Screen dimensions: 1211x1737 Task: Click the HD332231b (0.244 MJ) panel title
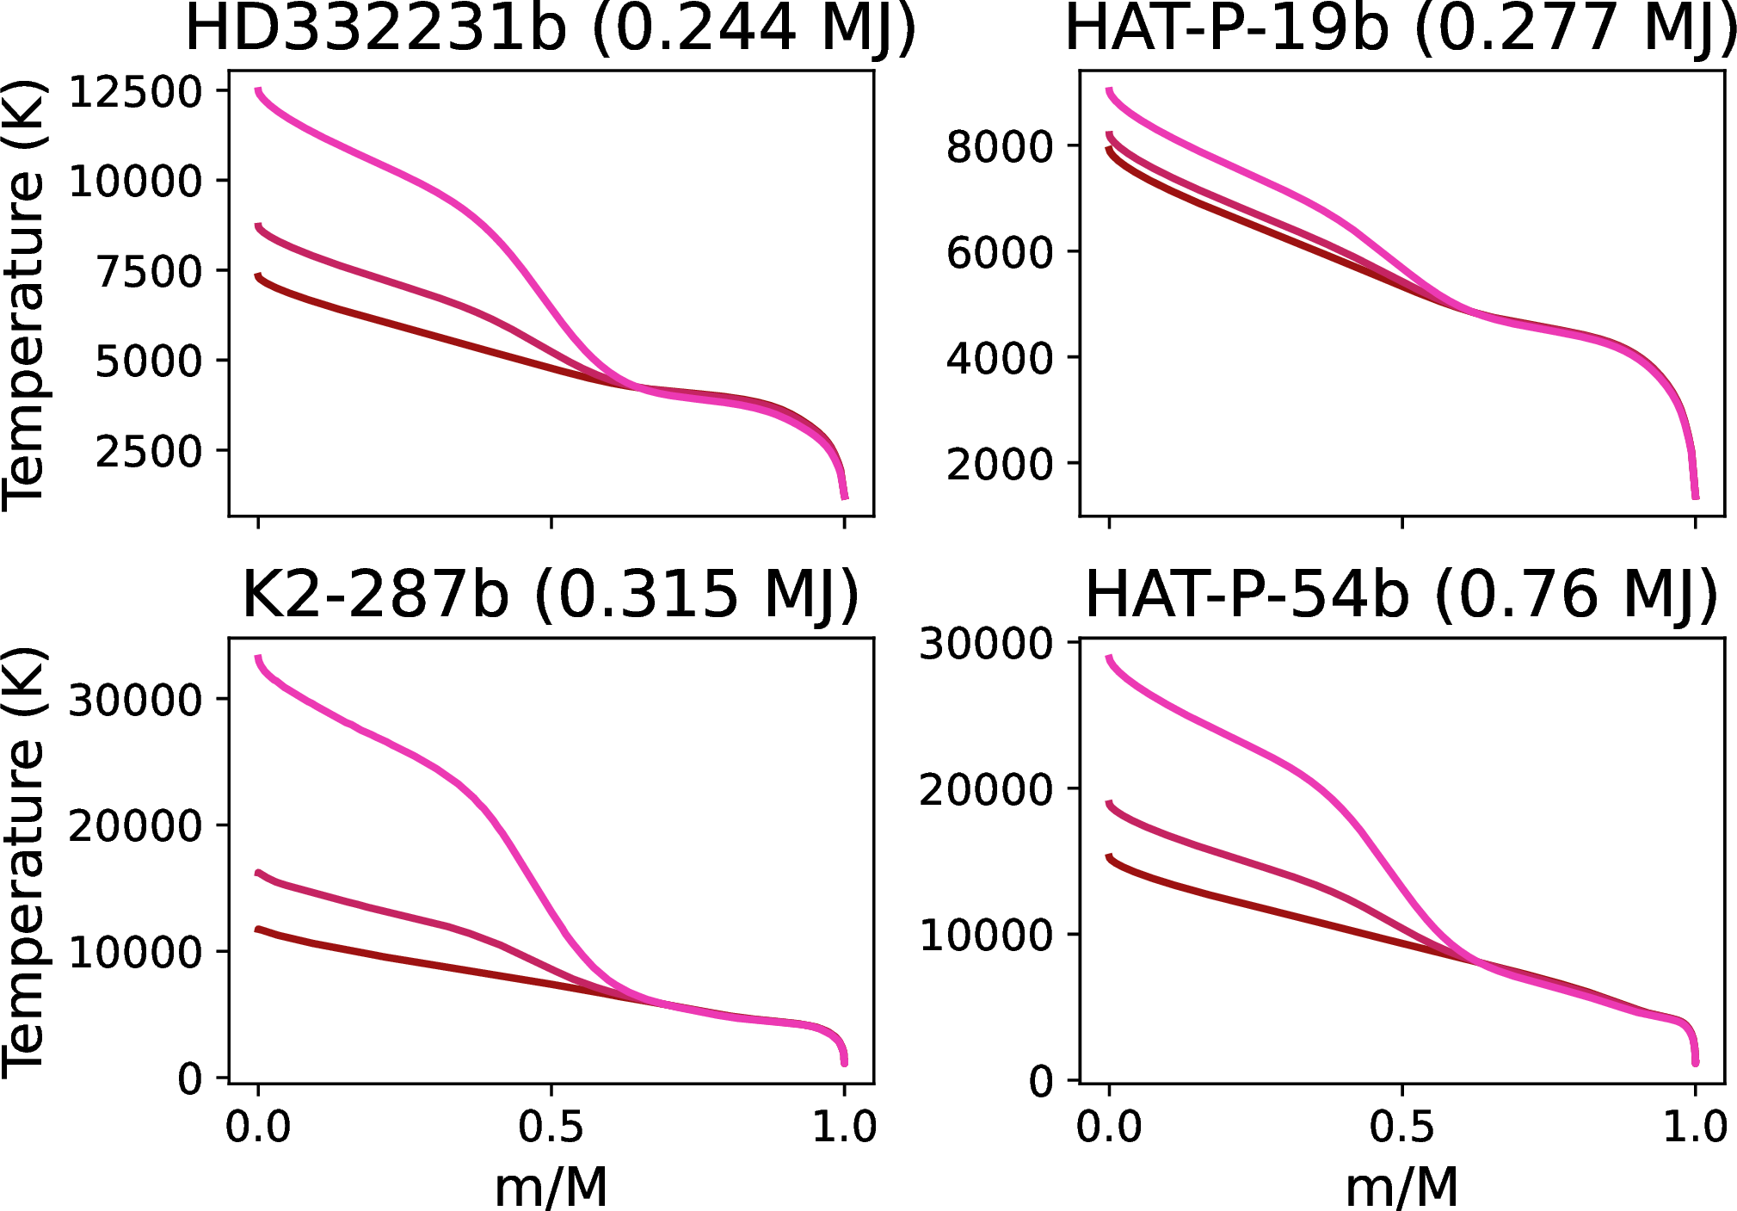[551, 29]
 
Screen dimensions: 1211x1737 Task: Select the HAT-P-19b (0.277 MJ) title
[1401, 29]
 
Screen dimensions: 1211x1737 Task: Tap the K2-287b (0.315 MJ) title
[551, 595]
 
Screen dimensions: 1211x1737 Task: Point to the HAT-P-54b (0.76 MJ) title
[1401, 595]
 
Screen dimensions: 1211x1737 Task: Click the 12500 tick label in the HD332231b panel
[135, 92]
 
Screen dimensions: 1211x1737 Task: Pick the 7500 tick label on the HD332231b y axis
[149, 272]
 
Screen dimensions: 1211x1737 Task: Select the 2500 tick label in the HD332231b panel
[149, 452]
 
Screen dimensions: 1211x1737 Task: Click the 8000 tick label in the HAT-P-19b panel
[1000, 146]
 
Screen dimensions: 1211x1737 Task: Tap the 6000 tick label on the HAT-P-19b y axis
[1000, 253]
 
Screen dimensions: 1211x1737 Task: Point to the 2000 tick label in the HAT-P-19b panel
[1000, 465]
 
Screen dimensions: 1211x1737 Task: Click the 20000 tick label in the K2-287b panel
[135, 826]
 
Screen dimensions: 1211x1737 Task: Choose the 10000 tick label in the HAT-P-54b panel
[986, 936]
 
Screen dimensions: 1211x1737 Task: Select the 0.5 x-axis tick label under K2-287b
[551, 1127]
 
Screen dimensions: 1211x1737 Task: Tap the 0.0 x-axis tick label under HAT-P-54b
[1109, 1127]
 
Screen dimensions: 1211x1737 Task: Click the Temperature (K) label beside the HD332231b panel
[23, 295]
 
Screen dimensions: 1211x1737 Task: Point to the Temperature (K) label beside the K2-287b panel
[23, 862]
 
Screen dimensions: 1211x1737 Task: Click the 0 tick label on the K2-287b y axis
[190, 1079]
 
